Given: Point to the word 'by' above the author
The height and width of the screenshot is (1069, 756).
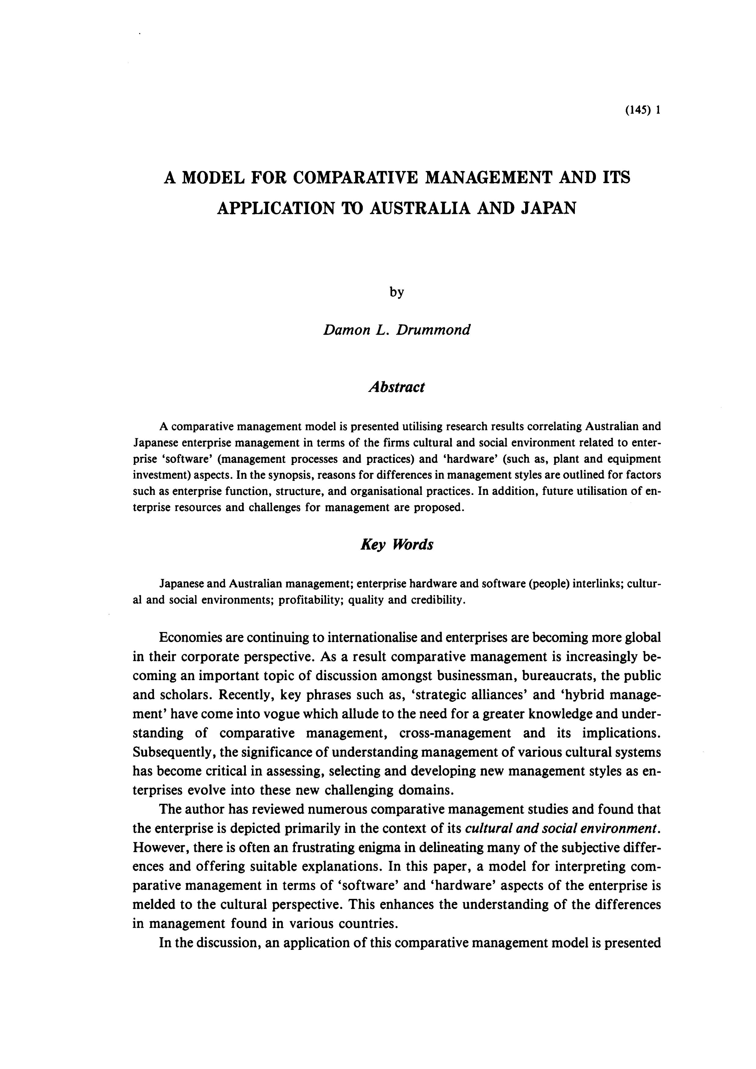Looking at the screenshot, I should pos(396,293).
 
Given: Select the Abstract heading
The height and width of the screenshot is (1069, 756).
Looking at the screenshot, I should pos(396,387).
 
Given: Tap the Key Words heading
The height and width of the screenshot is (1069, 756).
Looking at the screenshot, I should pos(396,544).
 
